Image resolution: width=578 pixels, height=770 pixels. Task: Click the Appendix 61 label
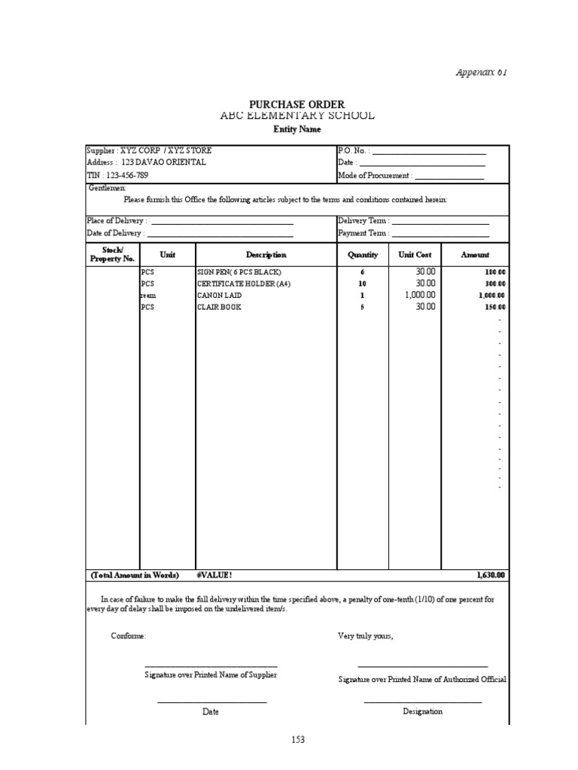(482, 72)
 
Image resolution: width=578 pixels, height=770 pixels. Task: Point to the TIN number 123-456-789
(117, 174)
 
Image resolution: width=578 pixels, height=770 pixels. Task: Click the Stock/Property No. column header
(112, 254)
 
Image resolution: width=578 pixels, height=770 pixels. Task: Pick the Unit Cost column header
(415, 255)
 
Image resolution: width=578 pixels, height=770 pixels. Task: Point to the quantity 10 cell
(362, 283)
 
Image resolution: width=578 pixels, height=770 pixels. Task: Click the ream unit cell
(148, 296)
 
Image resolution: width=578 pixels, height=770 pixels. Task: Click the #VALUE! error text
(214, 575)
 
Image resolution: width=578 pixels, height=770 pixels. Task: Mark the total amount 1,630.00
(491, 575)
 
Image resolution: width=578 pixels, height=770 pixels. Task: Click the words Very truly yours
(365, 636)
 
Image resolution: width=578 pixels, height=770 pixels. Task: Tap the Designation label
(422, 711)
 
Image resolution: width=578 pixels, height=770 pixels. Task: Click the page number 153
(298, 740)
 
